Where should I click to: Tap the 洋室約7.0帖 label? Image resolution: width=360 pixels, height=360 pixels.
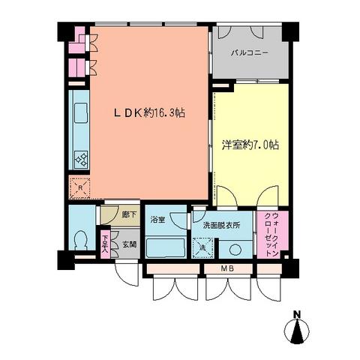coord(250,145)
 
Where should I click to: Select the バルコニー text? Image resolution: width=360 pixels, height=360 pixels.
coord(250,53)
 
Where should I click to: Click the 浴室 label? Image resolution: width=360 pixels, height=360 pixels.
coord(157,220)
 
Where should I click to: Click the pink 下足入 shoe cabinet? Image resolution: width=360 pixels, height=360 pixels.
coord(105,245)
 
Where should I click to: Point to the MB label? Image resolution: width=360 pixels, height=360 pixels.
coord(226,269)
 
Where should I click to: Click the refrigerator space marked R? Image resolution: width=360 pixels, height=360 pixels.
coord(79,187)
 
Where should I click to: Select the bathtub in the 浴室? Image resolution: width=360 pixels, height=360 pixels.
coord(165,247)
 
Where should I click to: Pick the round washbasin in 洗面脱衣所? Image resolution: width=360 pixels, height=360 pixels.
coord(235,249)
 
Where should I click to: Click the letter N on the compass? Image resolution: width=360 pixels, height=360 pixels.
coord(297,313)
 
